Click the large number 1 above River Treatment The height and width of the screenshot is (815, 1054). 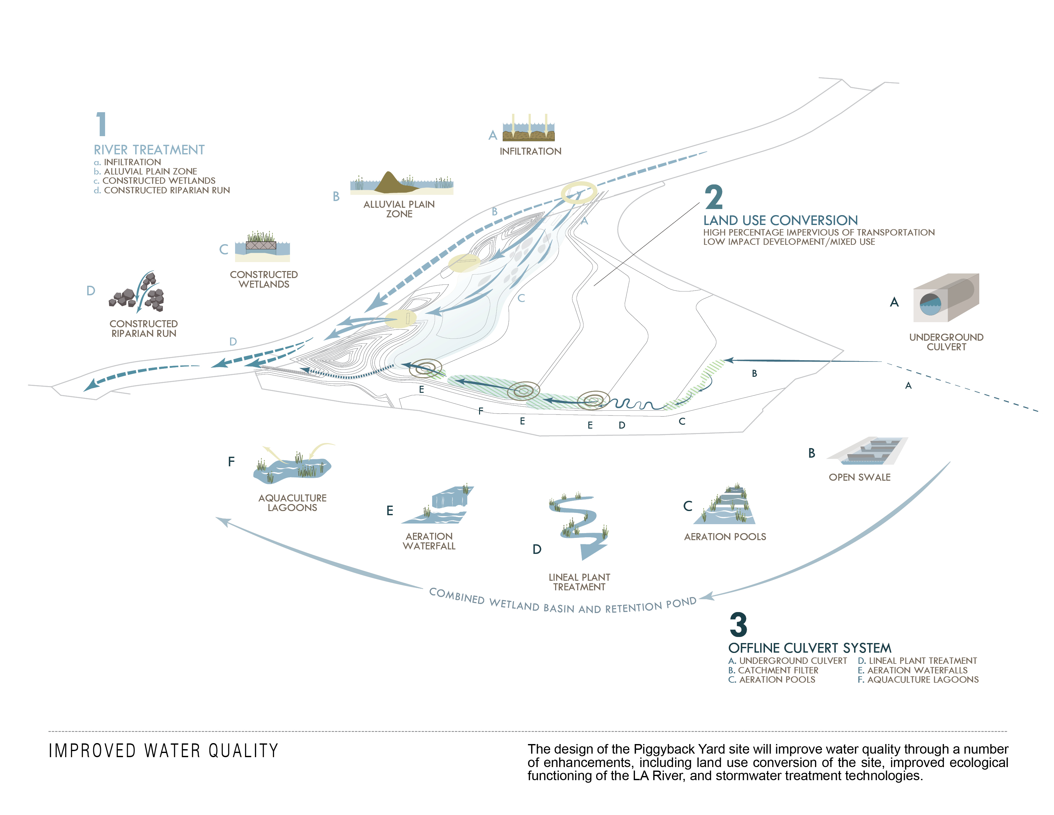(x=101, y=124)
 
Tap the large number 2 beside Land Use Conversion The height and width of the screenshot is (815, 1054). (x=714, y=197)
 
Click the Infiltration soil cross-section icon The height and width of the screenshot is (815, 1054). (x=529, y=128)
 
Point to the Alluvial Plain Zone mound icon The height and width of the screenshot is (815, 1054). (x=401, y=182)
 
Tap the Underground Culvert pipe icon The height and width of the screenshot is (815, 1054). (x=946, y=298)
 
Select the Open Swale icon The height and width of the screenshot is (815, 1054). (x=867, y=451)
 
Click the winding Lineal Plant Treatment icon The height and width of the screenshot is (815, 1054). (x=579, y=526)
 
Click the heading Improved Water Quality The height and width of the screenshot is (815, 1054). (x=164, y=751)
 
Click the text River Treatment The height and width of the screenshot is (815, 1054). (x=149, y=150)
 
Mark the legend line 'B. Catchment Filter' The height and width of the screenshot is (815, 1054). (x=773, y=670)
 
